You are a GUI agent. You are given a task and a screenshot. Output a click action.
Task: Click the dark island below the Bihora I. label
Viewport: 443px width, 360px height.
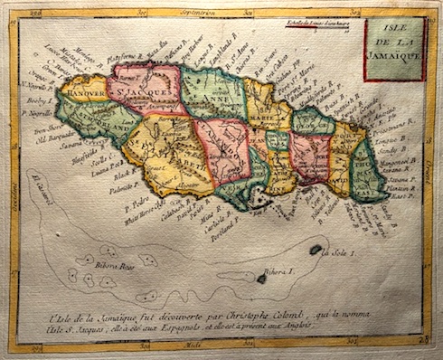(262, 279)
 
